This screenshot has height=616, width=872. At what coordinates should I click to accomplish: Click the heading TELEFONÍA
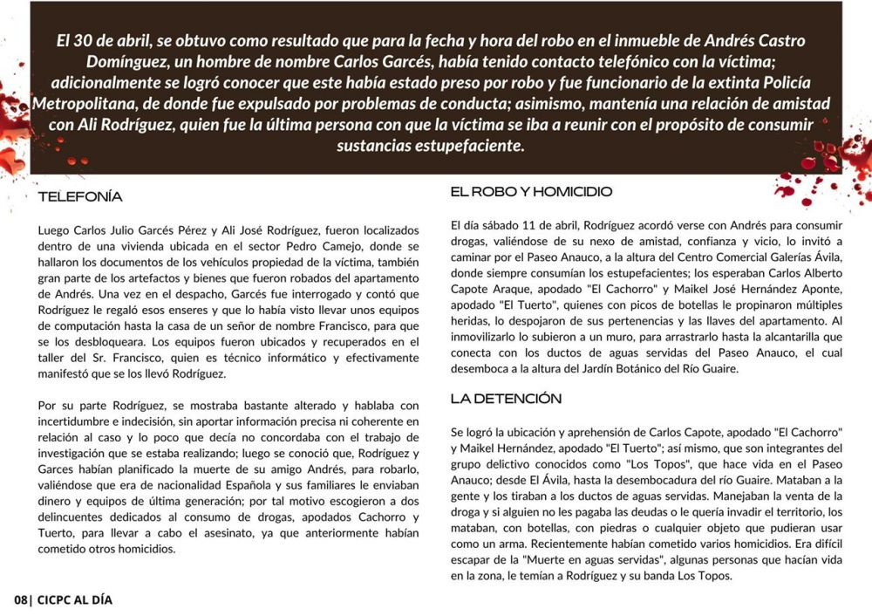click(x=80, y=197)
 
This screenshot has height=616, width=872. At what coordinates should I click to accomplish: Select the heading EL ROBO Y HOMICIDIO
click(x=531, y=191)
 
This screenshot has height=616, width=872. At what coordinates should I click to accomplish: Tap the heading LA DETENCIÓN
click(x=506, y=399)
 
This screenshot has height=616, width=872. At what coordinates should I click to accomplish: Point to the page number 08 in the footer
click(x=21, y=600)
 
